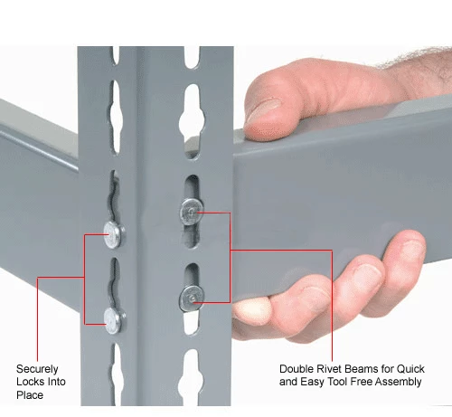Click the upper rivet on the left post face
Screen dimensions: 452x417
pyautogui.click(x=114, y=235)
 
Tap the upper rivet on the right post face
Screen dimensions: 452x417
pyautogui.click(x=192, y=212)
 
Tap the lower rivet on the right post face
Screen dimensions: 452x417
pyautogui.click(x=192, y=299)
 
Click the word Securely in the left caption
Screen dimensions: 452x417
pyautogui.click(x=37, y=369)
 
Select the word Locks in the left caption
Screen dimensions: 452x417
pyautogui.click(x=30, y=382)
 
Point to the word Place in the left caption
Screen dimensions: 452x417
pyautogui.click(x=30, y=394)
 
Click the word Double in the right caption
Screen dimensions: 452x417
pyautogui.click(x=296, y=368)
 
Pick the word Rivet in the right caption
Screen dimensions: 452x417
pyautogui.click(x=327, y=368)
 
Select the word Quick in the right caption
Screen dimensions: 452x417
pyautogui.click(x=410, y=368)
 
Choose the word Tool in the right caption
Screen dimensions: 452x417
pyautogui.click(x=337, y=382)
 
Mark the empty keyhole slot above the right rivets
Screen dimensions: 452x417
pyautogui.click(x=192, y=120)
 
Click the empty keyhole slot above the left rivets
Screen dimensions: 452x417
pyautogui.click(x=115, y=117)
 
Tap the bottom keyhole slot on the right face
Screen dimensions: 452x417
pyautogui.click(x=191, y=378)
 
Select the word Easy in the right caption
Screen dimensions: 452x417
pyautogui.click(x=312, y=382)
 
